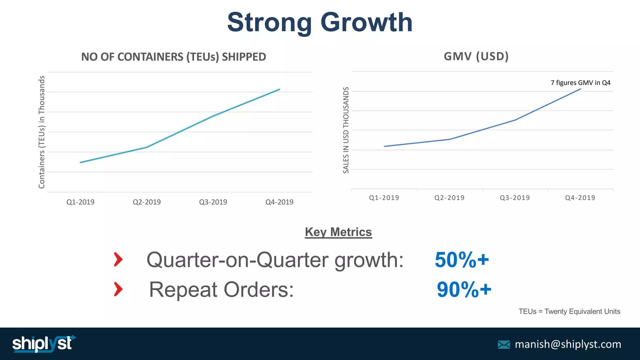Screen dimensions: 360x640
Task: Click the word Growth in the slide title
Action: point(366,22)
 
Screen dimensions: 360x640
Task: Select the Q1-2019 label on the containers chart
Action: point(80,202)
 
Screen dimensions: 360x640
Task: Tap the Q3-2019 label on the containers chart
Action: point(213,202)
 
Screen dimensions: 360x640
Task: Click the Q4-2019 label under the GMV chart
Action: point(580,198)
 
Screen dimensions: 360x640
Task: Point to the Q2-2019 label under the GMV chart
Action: point(449,198)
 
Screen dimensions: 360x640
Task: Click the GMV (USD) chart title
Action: point(476,57)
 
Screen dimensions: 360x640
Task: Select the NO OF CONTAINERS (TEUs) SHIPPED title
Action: point(173,57)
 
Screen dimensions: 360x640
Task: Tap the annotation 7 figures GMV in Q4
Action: point(580,83)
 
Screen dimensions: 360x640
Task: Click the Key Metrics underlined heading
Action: point(338,232)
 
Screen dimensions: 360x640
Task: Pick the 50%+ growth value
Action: point(462,260)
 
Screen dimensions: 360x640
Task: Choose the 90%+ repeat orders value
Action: point(464,290)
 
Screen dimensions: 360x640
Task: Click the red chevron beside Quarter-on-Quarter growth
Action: point(118,259)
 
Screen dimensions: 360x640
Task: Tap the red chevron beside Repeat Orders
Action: point(118,289)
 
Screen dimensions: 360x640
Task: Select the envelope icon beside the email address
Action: point(504,345)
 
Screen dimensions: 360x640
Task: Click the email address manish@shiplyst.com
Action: point(568,344)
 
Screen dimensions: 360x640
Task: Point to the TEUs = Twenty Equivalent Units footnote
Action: point(569,312)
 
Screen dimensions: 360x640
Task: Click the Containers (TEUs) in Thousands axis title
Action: point(42,132)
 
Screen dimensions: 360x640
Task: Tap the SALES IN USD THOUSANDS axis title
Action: point(346,130)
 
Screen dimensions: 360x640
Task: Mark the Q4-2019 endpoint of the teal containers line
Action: point(279,89)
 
